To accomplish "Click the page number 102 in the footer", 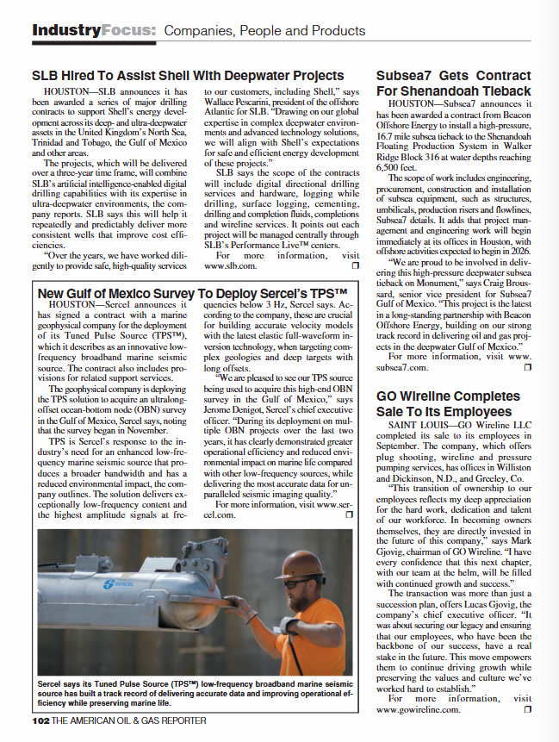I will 40,720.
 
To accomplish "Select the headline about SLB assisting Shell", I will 188,76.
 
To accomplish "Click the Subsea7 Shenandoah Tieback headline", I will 454,84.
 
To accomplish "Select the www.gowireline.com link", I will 418,708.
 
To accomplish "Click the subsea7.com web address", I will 402,366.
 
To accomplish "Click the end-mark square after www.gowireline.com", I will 527,708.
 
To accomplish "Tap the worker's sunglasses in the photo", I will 306,583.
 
